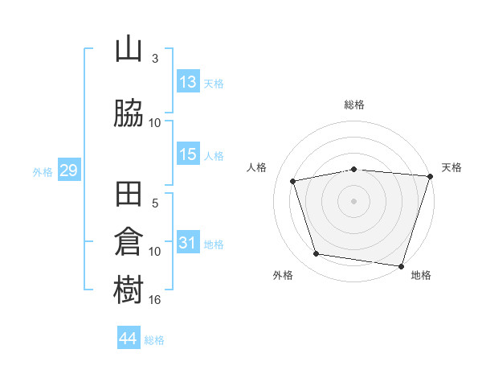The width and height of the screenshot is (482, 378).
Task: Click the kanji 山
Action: (129, 50)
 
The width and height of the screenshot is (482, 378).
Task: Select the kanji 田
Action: (129, 195)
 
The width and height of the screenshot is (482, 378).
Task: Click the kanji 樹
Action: (129, 290)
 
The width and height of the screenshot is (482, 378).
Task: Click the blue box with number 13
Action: (188, 82)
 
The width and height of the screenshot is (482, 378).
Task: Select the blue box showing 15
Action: (188, 154)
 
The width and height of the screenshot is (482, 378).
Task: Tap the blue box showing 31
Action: (188, 243)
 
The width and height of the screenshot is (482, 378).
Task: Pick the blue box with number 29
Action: (68, 171)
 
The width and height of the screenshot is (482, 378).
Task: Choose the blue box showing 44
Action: (129, 339)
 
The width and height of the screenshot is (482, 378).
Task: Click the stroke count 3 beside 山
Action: (155, 59)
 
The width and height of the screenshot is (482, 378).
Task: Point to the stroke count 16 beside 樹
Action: (155, 300)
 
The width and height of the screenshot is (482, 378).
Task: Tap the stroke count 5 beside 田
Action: (155, 203)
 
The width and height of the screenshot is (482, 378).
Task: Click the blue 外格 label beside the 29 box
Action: (43, 171)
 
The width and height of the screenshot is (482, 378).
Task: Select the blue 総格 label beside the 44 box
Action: (154, 340)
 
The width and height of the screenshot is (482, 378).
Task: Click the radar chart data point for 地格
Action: (401, 265)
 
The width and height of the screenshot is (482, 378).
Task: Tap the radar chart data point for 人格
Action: (293, 181)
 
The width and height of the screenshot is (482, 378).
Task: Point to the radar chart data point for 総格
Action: (353, 169)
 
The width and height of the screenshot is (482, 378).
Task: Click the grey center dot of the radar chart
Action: (353, 200)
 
